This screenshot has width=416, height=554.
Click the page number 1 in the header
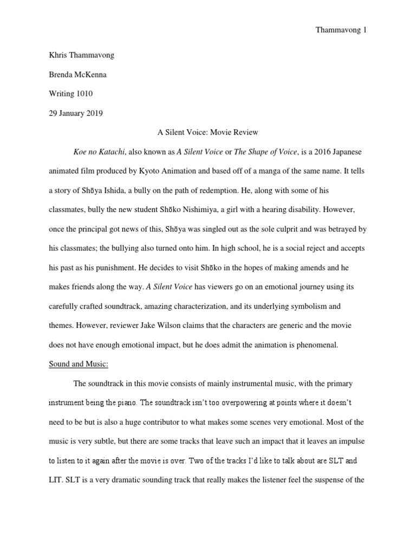tap(365, 30)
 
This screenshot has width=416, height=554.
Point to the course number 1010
tap(84, 94)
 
